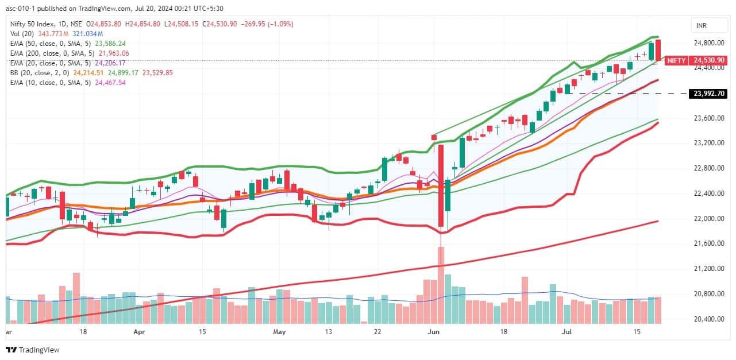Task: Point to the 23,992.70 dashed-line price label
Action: point(710,94)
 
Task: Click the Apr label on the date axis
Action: point(138,332)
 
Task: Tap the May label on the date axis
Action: point(279,332)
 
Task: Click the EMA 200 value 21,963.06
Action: point(114,53)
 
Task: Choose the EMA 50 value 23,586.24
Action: point(110,43)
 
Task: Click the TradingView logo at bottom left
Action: point(33,350)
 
